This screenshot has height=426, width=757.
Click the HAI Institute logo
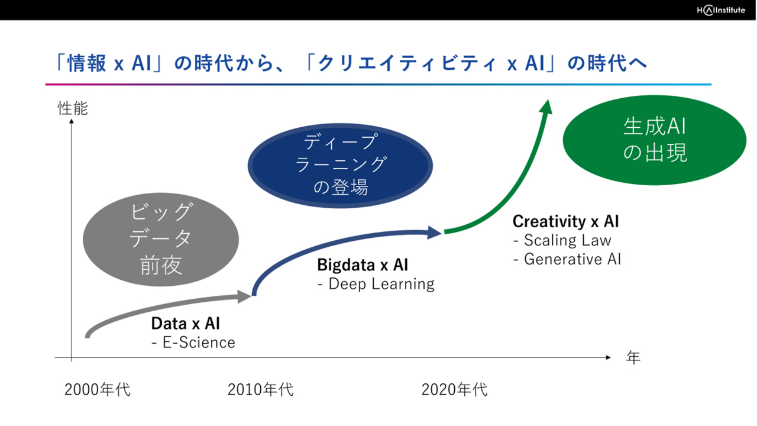pos(721,10)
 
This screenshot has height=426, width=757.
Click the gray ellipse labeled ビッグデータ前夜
pos(161,240)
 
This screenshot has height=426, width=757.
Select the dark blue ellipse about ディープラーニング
pos(340,166)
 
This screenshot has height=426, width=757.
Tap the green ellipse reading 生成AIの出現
pos(655,140)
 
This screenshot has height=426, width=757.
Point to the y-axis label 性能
pos(73,108)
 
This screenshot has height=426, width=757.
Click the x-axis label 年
pos(633,358)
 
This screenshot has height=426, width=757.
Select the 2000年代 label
pos(98,389)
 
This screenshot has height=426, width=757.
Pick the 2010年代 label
pos(261,389)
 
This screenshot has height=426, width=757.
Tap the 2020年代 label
pos(455,389)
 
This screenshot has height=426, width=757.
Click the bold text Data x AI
pos(186,324)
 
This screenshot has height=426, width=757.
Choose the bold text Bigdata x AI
pos(363,264)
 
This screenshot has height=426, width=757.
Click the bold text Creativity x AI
pos(566,221)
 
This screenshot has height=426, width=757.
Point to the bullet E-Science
pos(193,343)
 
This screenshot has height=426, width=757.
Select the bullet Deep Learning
pos(376,284)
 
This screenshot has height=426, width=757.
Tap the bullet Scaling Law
pos(562,240)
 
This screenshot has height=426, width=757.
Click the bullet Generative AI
pos(567,259)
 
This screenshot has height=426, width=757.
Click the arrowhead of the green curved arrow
pos(546,107)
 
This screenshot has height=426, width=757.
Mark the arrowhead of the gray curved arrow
pos(244,296)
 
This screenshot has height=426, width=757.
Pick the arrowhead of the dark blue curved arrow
pos(434,233)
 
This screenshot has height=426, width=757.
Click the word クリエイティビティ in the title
pos(407,63)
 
